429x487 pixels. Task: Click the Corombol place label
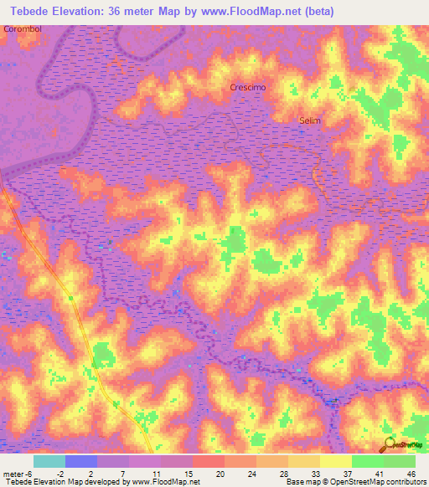22,28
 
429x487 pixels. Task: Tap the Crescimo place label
248,87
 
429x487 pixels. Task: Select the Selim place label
310,120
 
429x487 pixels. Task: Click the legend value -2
59,473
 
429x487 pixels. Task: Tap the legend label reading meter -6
17,473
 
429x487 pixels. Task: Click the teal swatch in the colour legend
49,461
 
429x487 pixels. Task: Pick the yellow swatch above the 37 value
335,461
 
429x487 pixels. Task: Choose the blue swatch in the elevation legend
80,461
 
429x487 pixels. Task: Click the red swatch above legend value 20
208,461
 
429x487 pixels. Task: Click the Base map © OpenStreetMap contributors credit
355,482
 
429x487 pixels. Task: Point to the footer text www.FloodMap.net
166,482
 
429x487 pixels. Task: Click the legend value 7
122,473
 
